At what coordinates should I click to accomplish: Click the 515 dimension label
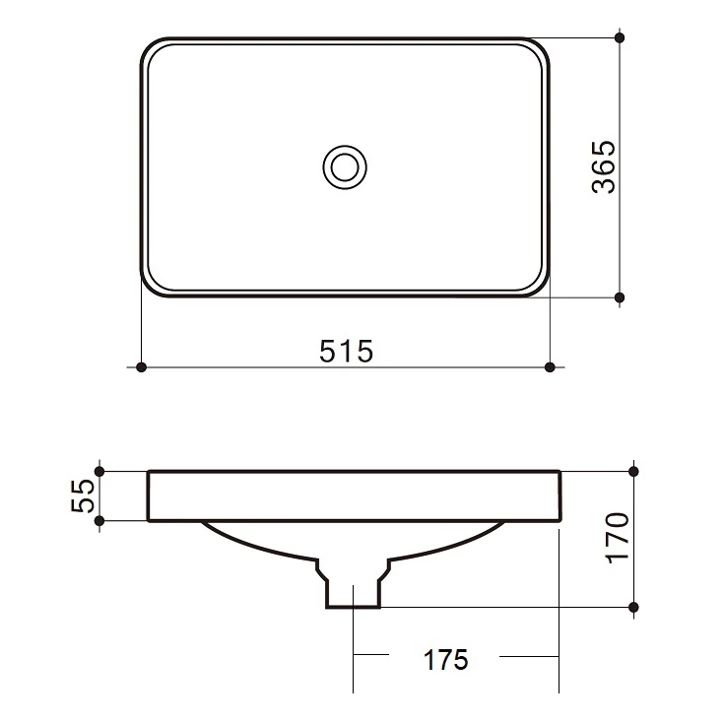click(x=346, y=350)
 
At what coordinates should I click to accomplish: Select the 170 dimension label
click(x=617, y=537)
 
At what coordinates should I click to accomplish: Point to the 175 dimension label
click(x=445, y=659)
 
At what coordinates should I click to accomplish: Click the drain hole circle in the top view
click(x=345, y=166)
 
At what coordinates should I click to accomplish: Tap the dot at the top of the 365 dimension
click(x=620, y=37)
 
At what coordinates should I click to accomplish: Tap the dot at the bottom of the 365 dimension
click(x=620, y=296)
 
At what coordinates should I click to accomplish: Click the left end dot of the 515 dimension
click(x=141, y=367)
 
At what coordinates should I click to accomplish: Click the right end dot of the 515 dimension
click(x=550, y=367)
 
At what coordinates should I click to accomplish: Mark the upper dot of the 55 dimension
click(x=99, y=471)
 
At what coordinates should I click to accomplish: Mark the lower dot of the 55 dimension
click(x=99, y=521)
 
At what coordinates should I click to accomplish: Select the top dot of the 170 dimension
click(x=634, y=471)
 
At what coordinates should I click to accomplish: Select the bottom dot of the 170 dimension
click(x=634, y=608)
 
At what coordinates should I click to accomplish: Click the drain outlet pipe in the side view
click(x=353, y=589)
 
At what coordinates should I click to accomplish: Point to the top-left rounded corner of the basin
click(x=151, y=47)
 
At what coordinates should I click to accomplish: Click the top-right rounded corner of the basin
click(x=540, y=47)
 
